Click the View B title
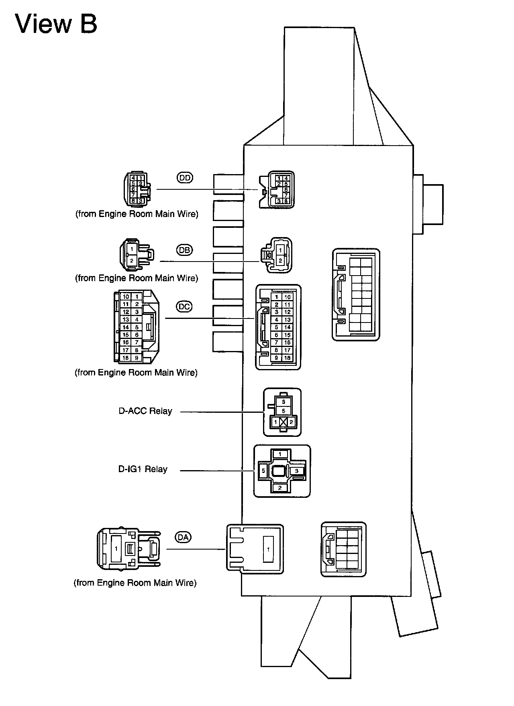pyautogui.click(x=56, y=24)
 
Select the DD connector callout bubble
pyautogui.click(x=185, y=177)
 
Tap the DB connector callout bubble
pyautogui.click(x=184, y=250)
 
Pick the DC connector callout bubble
pyautogui.click(x=184, y=307)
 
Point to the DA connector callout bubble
pyautogui.click(x=183, y=537)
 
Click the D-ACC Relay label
pyautogui.click(x=145, y=411)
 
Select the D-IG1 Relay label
pyautogui.click(x=143, y=469)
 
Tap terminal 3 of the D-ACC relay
pyautogui.click(x=284, y=402)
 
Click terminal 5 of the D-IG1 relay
pyautogui.click(x=263, y=471)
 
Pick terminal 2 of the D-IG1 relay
pyautogui.click(x=280, y=488)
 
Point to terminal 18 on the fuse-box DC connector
pyautogui.click(x=287, y=358)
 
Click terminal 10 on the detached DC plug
pyautogui.click(x=126, y=297)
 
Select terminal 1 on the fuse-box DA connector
pyautogui.click(x=268, y=550)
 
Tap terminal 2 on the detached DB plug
pyautogui.click(x=131, y=261)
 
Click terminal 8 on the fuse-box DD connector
pyautogui.click(x=286, y=201)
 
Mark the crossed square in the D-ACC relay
pyautogui.click(x=284, y=422)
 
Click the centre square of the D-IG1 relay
pyautogui.click(x=279, y=471)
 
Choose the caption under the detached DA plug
pyautogui.click(x=135, y=583)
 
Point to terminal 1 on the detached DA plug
pyautogui.click(x=116, y=548)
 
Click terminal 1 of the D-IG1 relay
pyautogui.click(x=280, y=454)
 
